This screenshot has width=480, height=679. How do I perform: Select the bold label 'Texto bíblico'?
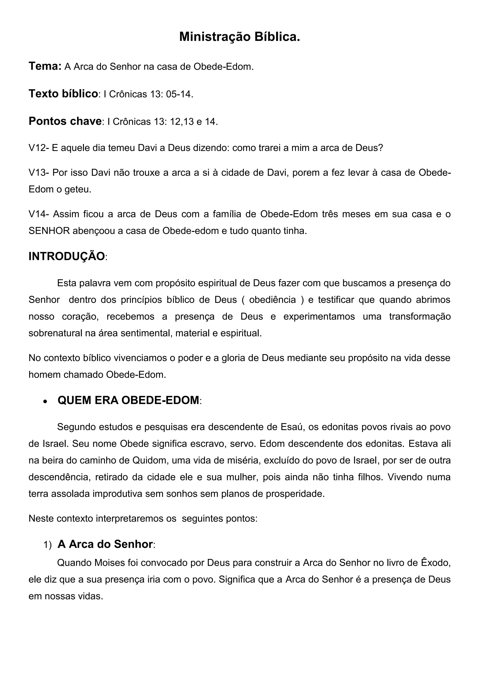[63, 94]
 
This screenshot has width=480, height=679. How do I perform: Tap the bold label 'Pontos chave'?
[65, 121]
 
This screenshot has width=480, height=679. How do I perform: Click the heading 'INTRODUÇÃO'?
[67, 257]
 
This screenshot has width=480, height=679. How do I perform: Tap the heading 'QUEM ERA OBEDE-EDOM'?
[128, 400]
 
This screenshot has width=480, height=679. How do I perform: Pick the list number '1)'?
[47, 545]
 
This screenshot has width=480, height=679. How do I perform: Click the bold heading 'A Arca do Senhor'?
[105, 544]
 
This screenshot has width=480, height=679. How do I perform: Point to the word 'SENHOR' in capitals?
[49, 231]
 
